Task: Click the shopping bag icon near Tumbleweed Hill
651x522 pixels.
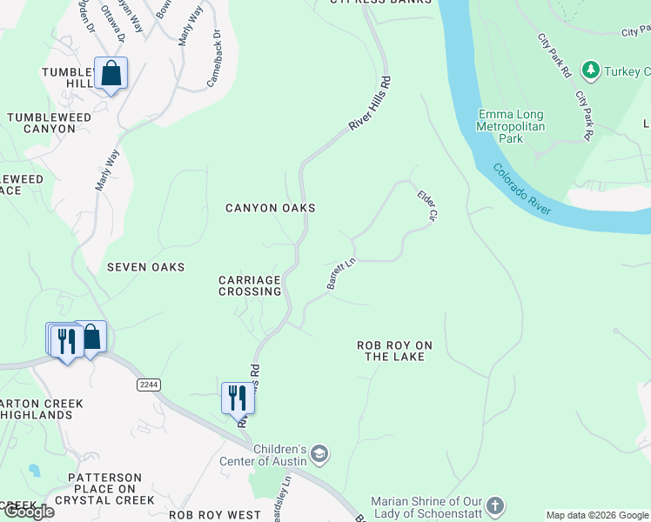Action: click(x=111, y=73)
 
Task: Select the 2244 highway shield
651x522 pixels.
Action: click(x=149, y=384)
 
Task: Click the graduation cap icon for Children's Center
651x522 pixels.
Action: click(x=319, y=453)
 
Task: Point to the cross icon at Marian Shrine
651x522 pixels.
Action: click(x=494, y=505)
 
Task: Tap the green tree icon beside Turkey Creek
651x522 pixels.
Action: click(x=591, y=69)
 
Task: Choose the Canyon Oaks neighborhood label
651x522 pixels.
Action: click(x=270, y=209)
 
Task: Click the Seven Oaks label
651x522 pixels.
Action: click(x=145, y=267)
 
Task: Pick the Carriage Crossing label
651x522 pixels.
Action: click(x=250, y=285)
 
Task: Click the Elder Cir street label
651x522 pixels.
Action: click(x=426, y=205)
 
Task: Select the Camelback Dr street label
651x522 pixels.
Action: click(x=214, y=60)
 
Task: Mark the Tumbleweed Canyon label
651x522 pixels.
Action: click(x=41, y=123)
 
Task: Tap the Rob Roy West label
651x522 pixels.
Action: click(x=215, y=515)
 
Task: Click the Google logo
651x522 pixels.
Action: click(x=28, y=512)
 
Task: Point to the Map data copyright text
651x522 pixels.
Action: click(x=597, y=515)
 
